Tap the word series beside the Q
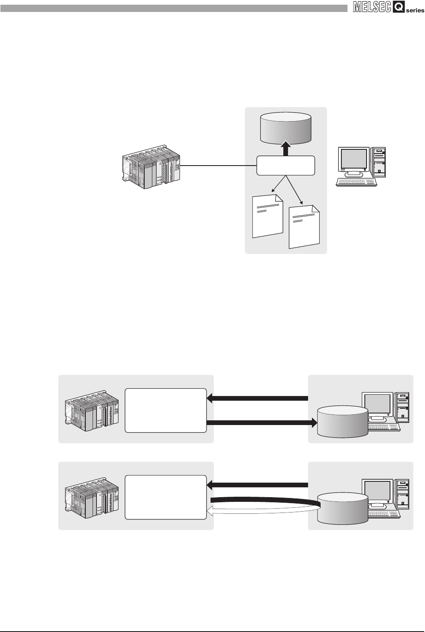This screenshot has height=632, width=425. pyautogui.click(x=415, y=11)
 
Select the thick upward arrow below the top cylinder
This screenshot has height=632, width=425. pyautogui.click(x=286, y=150)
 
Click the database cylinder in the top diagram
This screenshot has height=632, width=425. pyautogui.click(x=286, y=128)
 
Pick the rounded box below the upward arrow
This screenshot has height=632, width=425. pyautogui.click(x=286, y=166)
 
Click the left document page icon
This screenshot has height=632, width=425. pyautogui.click(x=268, y=216)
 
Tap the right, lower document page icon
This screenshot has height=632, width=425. pyautogui.click(x=304, y=227)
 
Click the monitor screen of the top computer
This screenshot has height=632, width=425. pyautogui.click(x=353, y=159)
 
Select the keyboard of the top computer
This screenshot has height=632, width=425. pyautogui.click(x=357, y=182)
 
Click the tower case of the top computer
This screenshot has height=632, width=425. pyautogui.click(x=379, y=162)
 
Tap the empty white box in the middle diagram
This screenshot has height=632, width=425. pyautogui.click(x=166, y=410)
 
